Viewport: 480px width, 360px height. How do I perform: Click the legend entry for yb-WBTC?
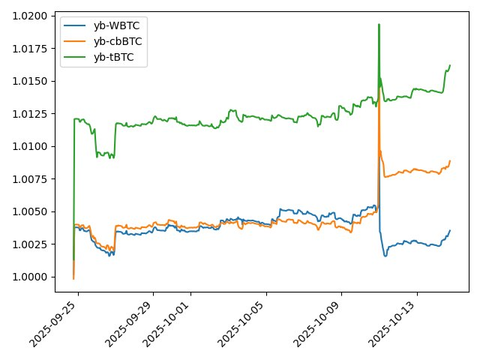(116, 25)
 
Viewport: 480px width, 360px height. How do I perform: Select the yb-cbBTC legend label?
(118, 40)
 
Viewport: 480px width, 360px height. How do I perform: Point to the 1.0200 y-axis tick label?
(34, 16)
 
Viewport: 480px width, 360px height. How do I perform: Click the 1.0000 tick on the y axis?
(34, 277)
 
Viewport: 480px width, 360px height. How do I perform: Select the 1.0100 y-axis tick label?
(34, 146)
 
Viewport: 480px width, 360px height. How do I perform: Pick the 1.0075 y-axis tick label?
(34, 179)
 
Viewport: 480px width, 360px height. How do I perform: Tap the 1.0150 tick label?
(34, 81)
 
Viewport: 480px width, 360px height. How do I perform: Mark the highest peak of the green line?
(379, 24)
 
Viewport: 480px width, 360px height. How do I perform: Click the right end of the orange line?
(450, 160)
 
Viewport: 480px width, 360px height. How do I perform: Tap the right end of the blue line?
(450, 230)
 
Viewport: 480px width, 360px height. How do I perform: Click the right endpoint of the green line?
(450, 65)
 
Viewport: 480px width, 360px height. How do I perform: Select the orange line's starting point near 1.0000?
(73, 279)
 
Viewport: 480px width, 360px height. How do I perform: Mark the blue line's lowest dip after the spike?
(385, 256)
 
